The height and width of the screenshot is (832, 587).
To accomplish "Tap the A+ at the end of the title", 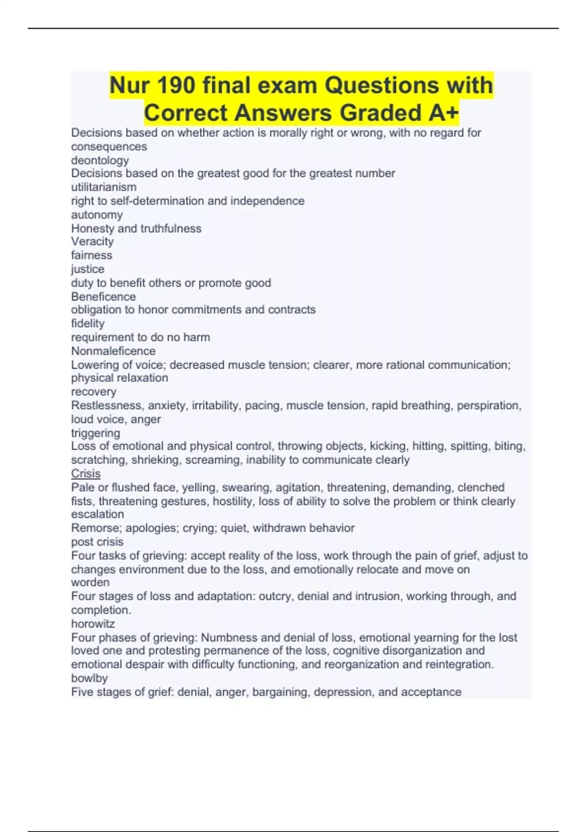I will [443, 113].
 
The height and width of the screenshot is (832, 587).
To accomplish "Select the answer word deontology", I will [100, 161].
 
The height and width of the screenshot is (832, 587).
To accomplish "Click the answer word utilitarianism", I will [104, 187].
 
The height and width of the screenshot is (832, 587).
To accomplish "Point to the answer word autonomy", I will [97, 215].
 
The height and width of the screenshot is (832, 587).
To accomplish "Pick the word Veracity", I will [92, 241].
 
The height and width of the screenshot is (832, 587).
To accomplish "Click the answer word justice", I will [88, 269].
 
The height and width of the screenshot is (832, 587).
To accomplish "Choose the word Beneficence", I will [104, 297].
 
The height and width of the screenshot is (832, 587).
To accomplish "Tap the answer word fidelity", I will [88, 324].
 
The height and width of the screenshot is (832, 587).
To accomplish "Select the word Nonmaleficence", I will [113, 351].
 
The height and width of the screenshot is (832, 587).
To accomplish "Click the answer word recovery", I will [94, 392].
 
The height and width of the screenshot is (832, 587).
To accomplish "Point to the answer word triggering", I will [95, 433].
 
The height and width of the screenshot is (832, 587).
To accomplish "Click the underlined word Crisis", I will [86, 474].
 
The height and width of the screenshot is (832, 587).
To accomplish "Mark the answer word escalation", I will [97, 514].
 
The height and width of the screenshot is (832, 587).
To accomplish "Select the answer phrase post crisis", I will [97, 542].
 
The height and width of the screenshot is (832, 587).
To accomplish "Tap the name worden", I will [90, 582].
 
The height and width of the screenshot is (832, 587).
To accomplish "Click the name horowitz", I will [93, 624].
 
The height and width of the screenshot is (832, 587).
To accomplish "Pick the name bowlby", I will [90, 678].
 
